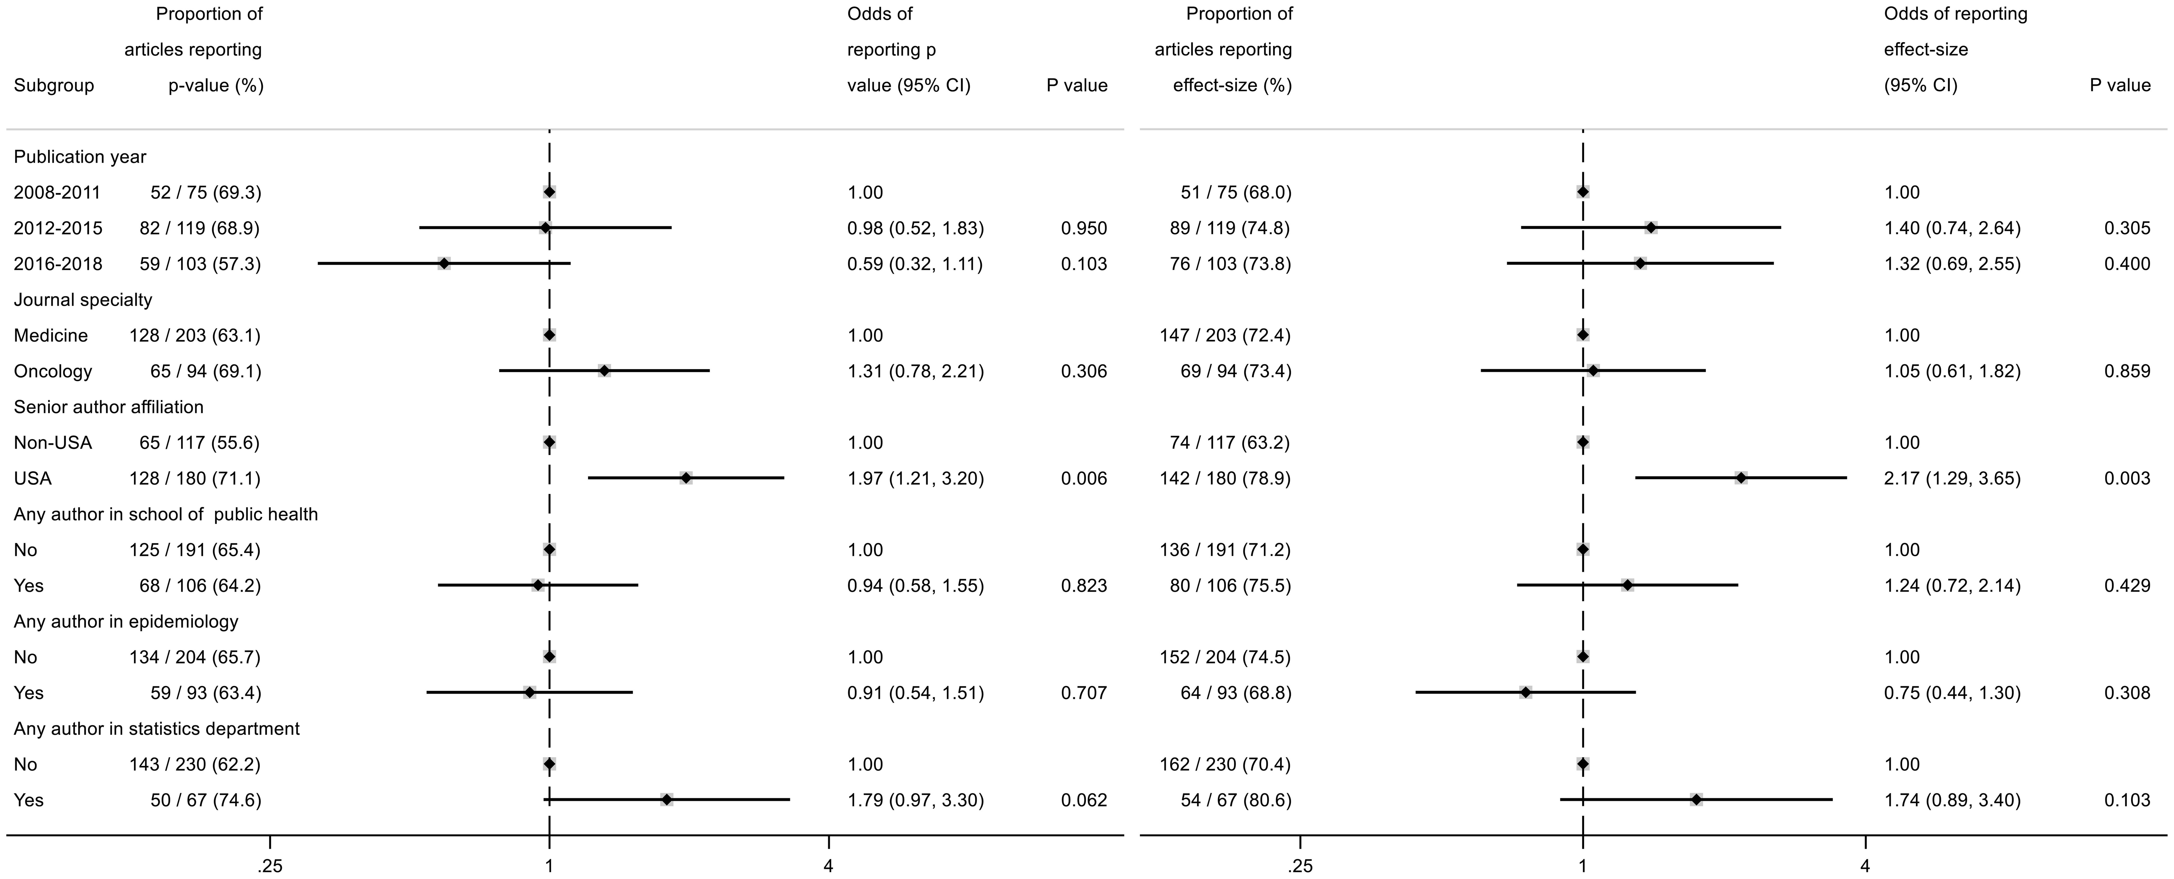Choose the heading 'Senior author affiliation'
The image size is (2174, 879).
pos(108,407)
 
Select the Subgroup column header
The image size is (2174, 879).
pos(53,85)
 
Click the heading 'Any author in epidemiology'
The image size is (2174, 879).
pos(126,621)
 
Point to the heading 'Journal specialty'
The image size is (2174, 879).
pos(83,300)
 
